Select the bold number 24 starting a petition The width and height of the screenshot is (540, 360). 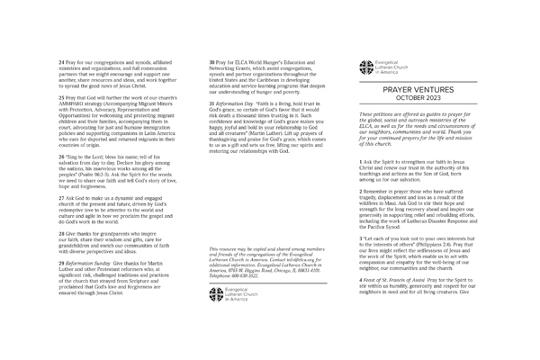[x=60, y=59]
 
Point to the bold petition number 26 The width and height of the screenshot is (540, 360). [x=60, y=156]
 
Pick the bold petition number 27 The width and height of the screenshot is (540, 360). [x=60, y=195]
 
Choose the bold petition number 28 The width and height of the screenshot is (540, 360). [x=60, y=231]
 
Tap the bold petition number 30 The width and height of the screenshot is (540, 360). [x=211, y=59]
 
